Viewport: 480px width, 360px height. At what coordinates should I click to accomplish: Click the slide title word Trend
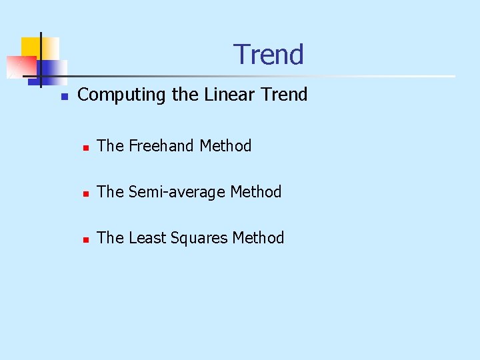[269, 55]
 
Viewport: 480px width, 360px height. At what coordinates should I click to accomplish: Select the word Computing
[122, 95]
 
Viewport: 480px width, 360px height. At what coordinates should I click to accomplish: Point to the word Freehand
[161, 146]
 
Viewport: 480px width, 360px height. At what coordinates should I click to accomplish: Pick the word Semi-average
[177, 192]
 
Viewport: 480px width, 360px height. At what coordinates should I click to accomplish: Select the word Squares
[197, 238]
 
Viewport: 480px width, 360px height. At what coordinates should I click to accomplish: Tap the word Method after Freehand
[225, 146]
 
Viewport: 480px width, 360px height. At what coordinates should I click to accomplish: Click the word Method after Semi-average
[256, 192]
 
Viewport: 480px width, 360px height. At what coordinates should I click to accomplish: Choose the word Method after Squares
[259, 238]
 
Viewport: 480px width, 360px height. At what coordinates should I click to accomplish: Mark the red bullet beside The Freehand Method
[85, 147]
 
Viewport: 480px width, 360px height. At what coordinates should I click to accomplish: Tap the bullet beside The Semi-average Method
[85, 193]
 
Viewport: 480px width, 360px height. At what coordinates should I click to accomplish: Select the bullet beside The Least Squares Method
[85, 239]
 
